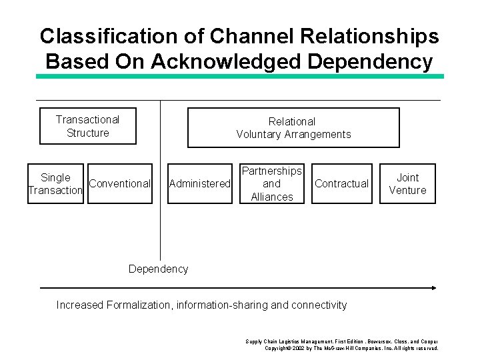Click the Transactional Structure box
click(88, 126)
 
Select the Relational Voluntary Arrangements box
click(293, 127)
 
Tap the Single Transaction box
click(55, 183)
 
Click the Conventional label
click(120, 183)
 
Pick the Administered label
click(200, 183)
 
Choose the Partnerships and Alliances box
click(272, 183)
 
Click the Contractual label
click(341, 183)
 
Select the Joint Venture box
click(408, 183)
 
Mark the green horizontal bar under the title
click(240, 77)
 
